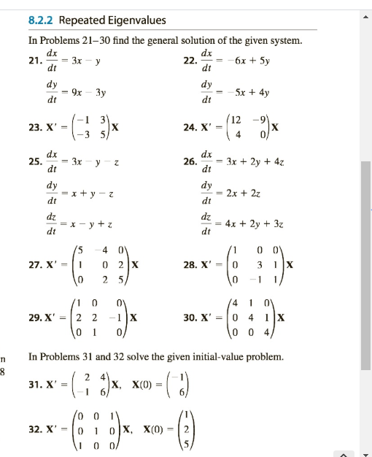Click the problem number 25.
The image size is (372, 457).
(34, 164)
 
